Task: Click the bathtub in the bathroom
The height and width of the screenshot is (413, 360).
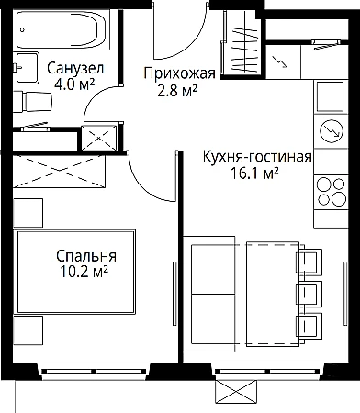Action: (62, 29)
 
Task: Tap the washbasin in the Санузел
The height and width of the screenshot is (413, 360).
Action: (26, 68)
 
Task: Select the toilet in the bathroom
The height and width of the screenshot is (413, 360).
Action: (33, 101)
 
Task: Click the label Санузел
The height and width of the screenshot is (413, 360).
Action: (75, 68)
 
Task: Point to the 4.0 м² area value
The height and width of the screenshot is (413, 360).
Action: (74, 84)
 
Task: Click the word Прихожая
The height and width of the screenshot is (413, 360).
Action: (180, 73)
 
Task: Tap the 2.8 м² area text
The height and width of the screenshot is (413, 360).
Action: (177, 90)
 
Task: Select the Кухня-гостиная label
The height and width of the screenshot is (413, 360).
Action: (257, 157)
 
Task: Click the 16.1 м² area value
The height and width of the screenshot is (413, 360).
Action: (254, 173)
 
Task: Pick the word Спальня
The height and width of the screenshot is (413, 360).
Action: (86, 256)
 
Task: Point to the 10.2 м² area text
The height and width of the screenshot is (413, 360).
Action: (84, 272)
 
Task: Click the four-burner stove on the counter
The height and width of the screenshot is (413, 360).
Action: (331, 192)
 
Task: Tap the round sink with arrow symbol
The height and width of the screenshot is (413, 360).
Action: (331, 130)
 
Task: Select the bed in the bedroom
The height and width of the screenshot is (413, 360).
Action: (76, 272)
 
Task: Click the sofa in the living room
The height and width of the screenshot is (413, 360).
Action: (209, 295)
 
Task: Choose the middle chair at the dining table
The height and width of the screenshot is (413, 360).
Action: (309, 295)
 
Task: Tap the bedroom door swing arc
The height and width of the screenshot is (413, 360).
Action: (146, 184)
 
